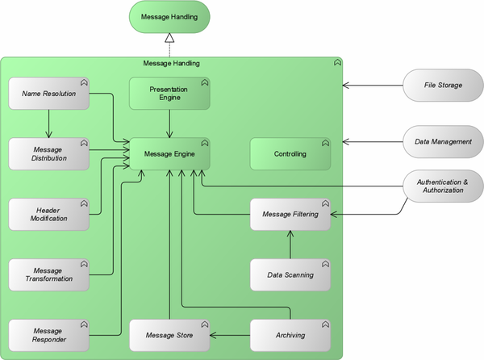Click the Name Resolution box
49,94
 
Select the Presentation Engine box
169,93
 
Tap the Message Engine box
169,153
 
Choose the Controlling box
290,153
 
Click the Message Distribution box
49,153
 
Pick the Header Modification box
49,214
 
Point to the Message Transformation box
49,274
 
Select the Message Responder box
49,335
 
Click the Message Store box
169,335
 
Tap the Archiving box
290,335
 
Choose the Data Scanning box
290,274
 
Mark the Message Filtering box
290,214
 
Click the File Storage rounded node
443,85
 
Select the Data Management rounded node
443,141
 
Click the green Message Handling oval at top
169,16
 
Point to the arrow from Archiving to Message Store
230,335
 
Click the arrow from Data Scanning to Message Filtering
290,245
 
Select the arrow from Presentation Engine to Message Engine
169,123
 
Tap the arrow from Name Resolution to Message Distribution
49,123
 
